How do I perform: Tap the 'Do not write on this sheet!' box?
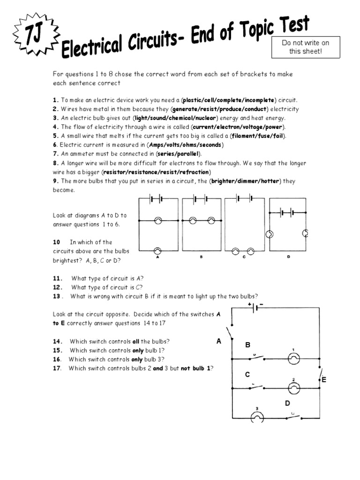coord(305,47)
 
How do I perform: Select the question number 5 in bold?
coord(55,136)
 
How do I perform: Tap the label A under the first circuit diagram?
coord(158,257)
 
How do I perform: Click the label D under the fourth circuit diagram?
coord(288,257)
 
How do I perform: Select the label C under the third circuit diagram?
coord(244,257)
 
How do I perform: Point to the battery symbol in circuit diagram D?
coord(286,212)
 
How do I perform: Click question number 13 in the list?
coord(57,296)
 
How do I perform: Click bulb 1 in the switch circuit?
coord(294,359)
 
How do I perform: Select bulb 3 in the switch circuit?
coord(256,416)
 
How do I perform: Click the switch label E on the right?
coord(323,380)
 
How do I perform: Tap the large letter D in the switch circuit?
coord(287,403)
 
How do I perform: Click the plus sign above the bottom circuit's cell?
coord(249,304)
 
